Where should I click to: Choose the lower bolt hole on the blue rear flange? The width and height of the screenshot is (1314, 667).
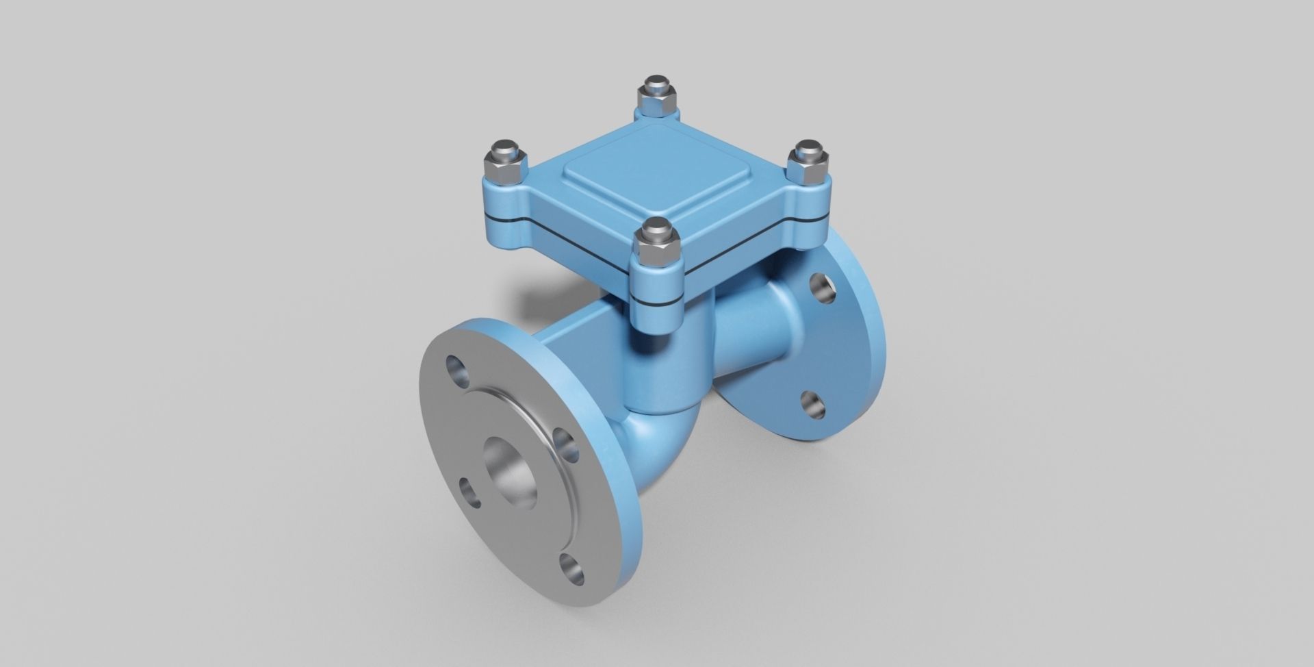coord(812,404)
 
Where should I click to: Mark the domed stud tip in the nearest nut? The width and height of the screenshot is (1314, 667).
coord(656,227)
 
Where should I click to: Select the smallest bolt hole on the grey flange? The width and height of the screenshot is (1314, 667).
coord(472,492)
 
